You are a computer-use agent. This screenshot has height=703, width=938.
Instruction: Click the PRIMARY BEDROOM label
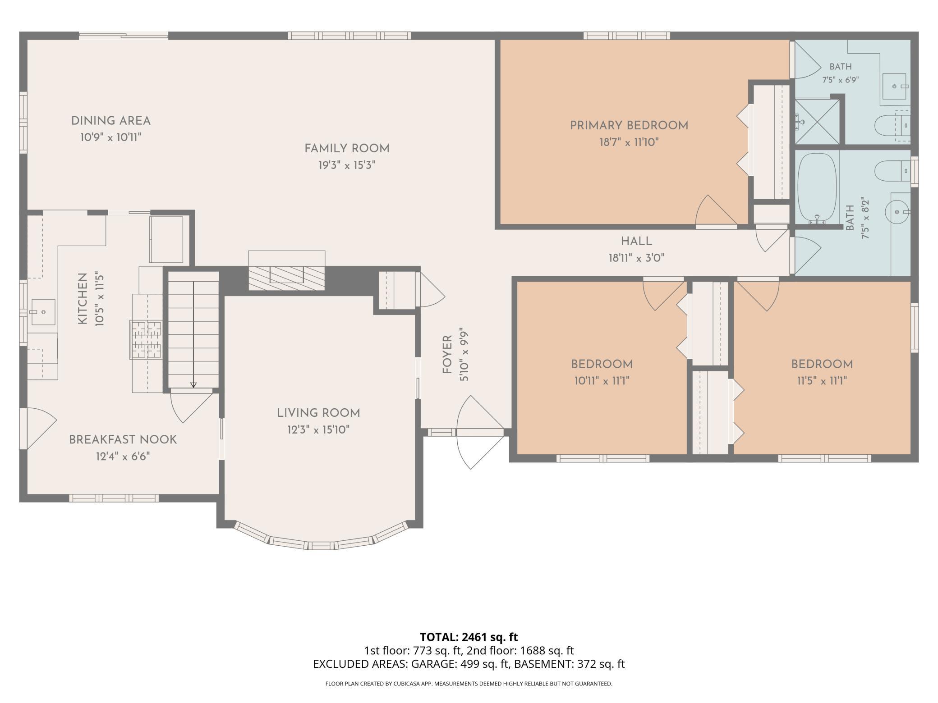pyautogui.click(x=629, y=126)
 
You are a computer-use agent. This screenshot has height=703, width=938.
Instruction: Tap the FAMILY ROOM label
pyautogui.click(x=347, y=149)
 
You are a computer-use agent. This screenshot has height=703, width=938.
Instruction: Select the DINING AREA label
pyautogui.click(x=111, y=121)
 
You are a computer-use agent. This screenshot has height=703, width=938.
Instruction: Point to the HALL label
pyautogui.click(x=636, y=242)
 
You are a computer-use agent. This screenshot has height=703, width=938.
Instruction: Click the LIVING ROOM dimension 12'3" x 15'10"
pyautogui.click(x=318, y=430)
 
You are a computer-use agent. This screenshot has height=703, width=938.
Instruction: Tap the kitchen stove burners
pyautogui.click(x=146, y=340)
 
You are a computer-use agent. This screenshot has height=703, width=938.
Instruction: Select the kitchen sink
pyautogui.click(x=43, y=312)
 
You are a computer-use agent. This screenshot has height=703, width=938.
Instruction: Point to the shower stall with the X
pyautogui.click(x=817, y=122)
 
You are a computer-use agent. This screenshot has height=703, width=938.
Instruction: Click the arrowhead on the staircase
pyautogui.click(x=193, y=385)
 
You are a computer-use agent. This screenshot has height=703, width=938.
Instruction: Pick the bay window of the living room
pyautogui.click(x=320, y=538)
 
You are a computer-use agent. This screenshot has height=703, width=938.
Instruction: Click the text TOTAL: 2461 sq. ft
pyautogui.click(x=469, y=637)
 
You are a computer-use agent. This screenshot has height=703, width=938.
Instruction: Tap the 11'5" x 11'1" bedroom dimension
pyautogui.click(x=822, y=381)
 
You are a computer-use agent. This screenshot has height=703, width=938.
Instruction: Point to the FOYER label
pyautogui.click(x=447, y=355)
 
